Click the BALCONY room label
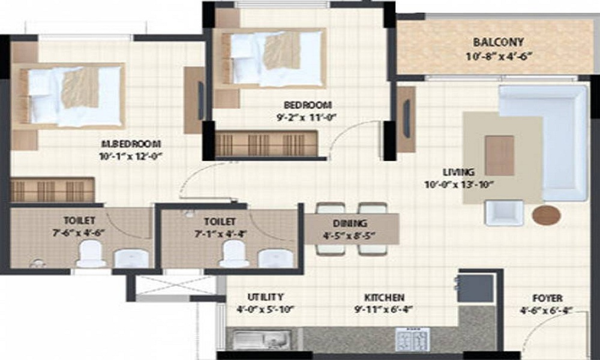(498, 43)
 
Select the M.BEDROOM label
(131, 144)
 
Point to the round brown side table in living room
(547, 215)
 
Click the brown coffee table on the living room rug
(499, 155)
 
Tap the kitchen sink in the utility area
(254, 340)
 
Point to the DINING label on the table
(353, 224)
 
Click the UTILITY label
(265, 297)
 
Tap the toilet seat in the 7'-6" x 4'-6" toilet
(91, 254)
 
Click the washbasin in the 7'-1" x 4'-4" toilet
(275, 257)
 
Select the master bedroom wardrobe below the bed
(52, 190)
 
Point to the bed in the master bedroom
(71, 96)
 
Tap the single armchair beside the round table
(503, 212)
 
